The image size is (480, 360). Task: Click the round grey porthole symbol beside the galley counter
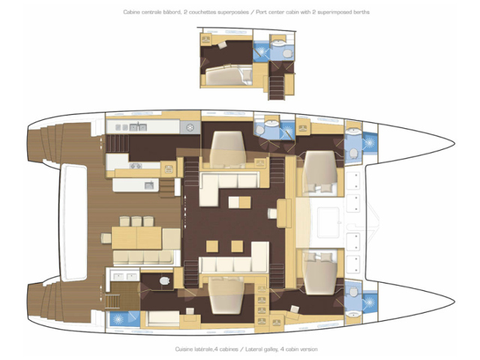coord(190,127)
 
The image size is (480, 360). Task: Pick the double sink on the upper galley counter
coord(138,127)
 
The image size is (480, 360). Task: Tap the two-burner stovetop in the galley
coord(136,166)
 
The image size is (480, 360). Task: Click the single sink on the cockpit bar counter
coord(149,185)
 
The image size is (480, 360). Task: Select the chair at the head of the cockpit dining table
coord(106,238)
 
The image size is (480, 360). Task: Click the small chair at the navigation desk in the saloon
coord(271,213)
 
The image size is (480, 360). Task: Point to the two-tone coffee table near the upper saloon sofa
coord(240,202)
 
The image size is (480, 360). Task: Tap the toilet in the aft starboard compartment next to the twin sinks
coord(165,280)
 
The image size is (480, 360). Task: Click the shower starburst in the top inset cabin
coord(262,50)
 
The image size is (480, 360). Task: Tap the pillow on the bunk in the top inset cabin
coord(247,74)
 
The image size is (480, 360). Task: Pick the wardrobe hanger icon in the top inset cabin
coord(206,39)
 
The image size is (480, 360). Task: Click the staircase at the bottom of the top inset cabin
coord(277,86)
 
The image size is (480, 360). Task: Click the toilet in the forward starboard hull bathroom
coord(353,292)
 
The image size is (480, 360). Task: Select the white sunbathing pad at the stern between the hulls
coord(73,222)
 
